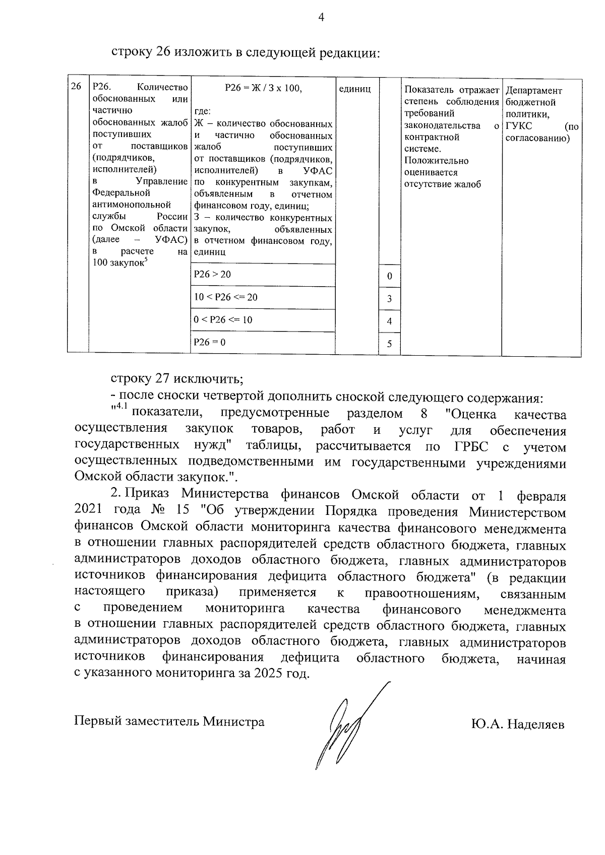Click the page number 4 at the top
point(321,18)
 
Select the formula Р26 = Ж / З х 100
point(263,89)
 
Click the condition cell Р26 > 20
point(213,274)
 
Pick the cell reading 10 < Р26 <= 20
point(226,297)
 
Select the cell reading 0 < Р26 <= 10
point(223,320)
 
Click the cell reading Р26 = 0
point(210,343)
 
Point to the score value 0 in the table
point(389,276)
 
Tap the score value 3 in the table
point(389,299)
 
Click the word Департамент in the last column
point(533,91)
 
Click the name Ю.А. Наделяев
point(518,725)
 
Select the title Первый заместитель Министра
point(169,721)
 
